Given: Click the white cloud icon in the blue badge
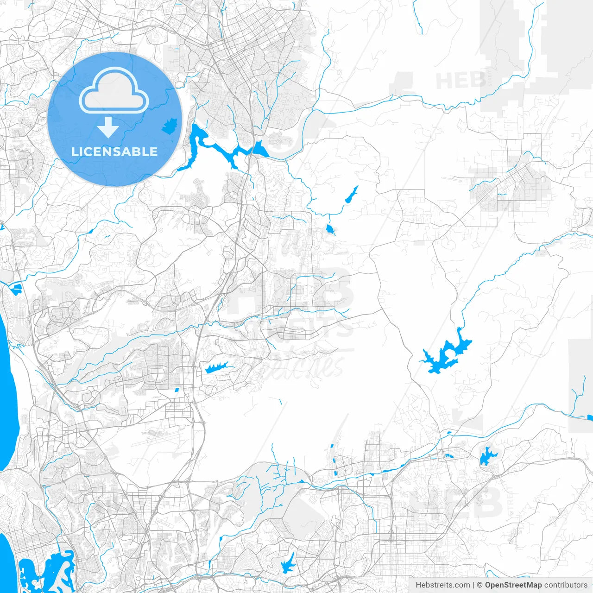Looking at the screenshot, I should click(x=114, y=90).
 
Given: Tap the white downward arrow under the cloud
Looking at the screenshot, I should click(x=108, y=127).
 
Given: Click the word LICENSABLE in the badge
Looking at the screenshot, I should click(x=114, y=151).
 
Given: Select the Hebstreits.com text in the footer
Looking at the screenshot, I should click(x=442, y=585).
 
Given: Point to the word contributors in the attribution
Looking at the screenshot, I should click(x=566, y=585).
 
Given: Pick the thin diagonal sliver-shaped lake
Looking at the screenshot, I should click(x=352, y=195).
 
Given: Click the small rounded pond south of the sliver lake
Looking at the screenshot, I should click(x=330, y=229).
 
